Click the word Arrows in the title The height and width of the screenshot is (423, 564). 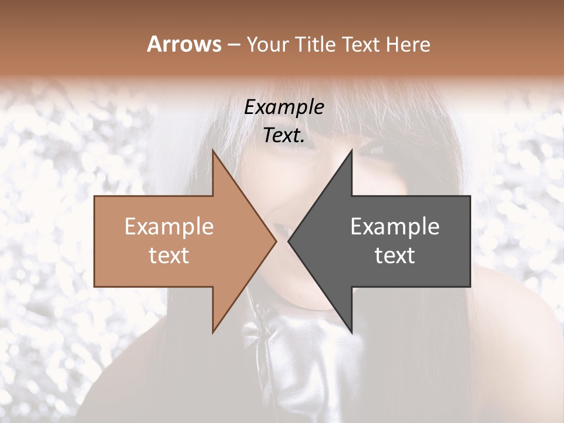pyautogui.click(x=184, y=44)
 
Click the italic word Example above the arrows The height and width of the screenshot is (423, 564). pyautogui.click(x=284, y=108)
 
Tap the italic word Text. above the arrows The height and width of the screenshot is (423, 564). pyautogui.click(x=284, y=135)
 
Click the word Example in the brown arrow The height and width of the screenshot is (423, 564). pyautogui.click(x=169, y=226)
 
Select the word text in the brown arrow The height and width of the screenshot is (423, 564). pyautogui.click(x=169, y=255)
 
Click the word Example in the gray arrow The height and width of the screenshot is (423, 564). pyautogui.click(x=395, y=226)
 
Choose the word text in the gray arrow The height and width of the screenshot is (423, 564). pyautogui.click(x=395, y=255)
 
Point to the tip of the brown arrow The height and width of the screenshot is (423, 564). pyautogui.click(x=276, y=241)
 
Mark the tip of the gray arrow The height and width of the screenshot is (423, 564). pyautogui.click(x=288, y=241)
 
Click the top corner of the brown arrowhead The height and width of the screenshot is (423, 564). pyautogui.click(x=213, y=150)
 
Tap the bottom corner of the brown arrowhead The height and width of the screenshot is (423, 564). pyautogui.click(x=213, y=332)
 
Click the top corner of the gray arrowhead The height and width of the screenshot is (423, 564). pyautogui.click(x=351, y=150)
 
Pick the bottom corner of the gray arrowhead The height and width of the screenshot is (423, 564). pyautogui.click(x=351, y=332)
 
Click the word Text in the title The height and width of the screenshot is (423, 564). pyautogui.click(x=361, y=44)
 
